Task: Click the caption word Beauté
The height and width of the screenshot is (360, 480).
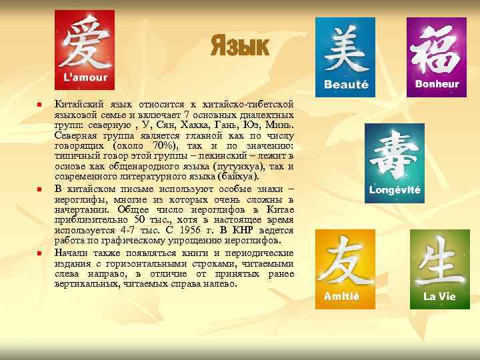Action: (x=346, y=85)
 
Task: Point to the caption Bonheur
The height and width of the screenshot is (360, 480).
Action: (x=437, y=84)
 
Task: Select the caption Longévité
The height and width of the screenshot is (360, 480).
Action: (x=395, y=189)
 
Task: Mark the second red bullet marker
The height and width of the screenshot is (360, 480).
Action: (x=39, y=191)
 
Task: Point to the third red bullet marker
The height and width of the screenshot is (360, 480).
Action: (x=39, y=254)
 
